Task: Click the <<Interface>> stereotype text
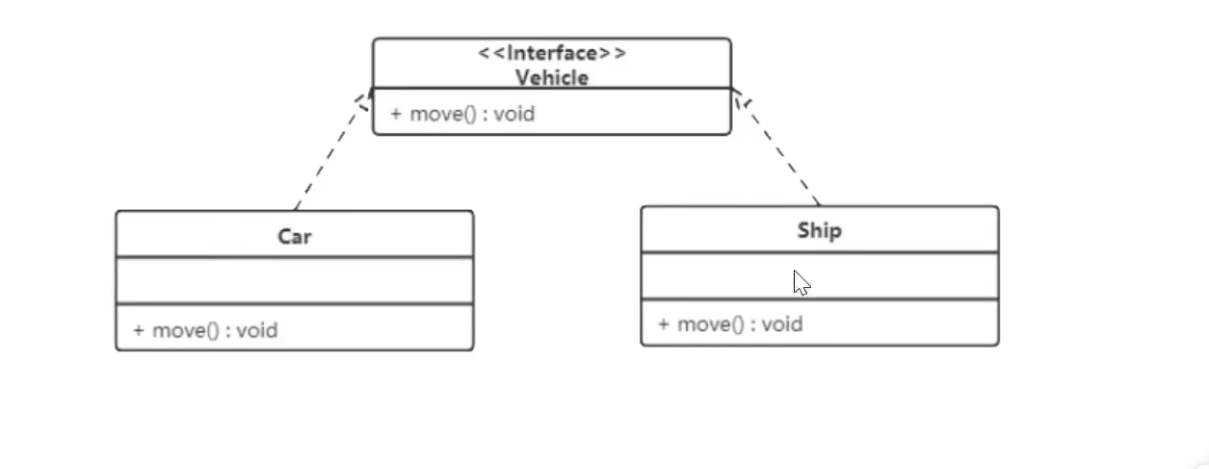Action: point(552,53)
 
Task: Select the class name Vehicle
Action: point(552,77)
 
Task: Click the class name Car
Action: point(295,236)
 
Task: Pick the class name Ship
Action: point(820,230)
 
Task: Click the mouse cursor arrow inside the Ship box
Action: point(801,282)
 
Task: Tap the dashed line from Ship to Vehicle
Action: point(778,149)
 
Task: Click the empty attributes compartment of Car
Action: point(295,280)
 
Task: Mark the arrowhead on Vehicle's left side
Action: point(365,99)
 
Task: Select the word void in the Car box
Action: point(257,330)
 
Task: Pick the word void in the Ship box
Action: point(782,324)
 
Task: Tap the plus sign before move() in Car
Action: point(139,330)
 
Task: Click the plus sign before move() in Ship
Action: point(664,324)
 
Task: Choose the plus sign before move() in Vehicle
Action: point(396,114)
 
